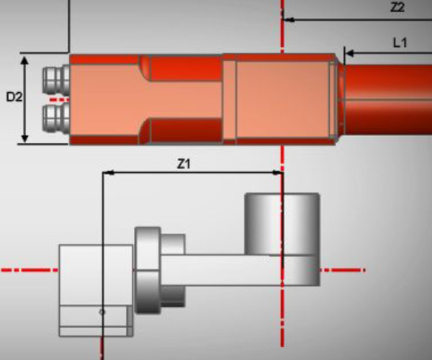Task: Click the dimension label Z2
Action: [397, 8]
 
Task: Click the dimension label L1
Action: [400, 43]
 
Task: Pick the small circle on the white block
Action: [102, 312]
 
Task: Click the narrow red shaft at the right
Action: [389, 99]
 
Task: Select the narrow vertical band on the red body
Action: [230, 99]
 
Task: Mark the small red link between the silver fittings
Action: [60, 97]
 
